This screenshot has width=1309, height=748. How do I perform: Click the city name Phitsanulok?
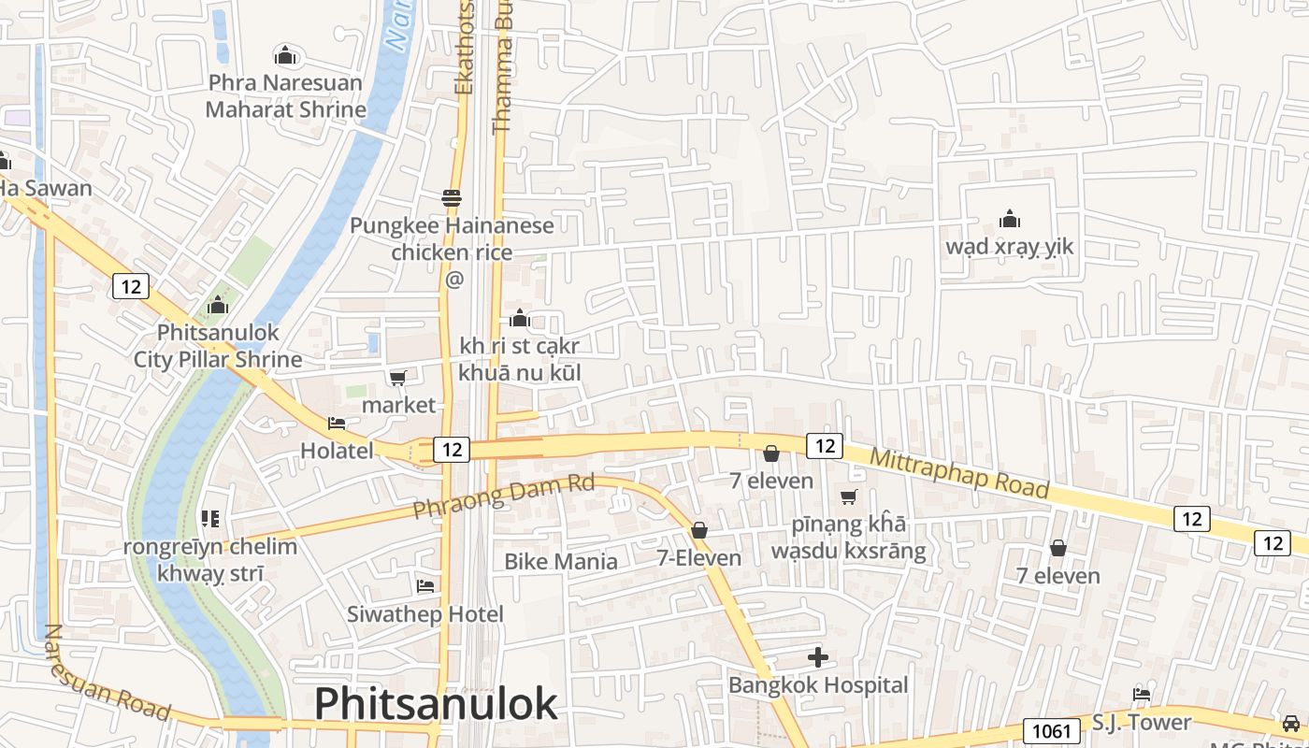pyautogui.click(x=436, y=703)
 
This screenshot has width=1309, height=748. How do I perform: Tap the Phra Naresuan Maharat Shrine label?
pyautogui.click(x=285, y=95)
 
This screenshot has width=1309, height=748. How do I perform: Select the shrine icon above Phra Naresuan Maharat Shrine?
pyautogui.click(x=285, y=56)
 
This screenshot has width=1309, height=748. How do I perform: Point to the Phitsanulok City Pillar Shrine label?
pyautogui.click(x=218, y=346)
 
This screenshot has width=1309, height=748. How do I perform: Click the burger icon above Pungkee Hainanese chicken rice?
pyautogui.click(x=453, y=198)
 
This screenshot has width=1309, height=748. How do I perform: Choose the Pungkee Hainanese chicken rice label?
pyautogui.click(x=453, y=238)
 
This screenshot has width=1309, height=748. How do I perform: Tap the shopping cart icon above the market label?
pyautogui.click(x=398, y=378)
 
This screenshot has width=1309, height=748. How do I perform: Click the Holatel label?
pyautogui.click(x=337, y=451)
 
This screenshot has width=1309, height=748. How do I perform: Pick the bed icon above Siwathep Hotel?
pyautogui.click(x=425, y=586)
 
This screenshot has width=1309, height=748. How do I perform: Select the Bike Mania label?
pyautogui.click(x=561, y=561)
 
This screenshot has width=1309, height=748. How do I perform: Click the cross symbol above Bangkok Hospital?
pyautogui.click(x=818, y=657)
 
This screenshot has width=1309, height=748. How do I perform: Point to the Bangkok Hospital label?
pyautogui.click(x=818, y=685)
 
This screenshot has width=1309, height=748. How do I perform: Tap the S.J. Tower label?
pyautogui.click(x=1142, y=723)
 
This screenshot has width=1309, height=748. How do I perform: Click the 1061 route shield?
pyautogui.click(x=1051, y=730)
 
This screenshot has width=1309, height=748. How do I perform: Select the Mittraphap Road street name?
pyautogui.click(x=959, y=473)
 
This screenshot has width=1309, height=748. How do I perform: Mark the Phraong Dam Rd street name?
pyautogui.click(x=504, y=496)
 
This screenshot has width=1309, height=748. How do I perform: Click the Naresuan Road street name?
pyautogui.click(x=107, y=673)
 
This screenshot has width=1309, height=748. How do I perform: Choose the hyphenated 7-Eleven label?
pyautogui.click(x=698, y=558)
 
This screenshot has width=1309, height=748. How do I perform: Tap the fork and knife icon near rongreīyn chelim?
pyautogui.click(x=209, y=518)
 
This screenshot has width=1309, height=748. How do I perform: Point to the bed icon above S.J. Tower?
pyautogui.click(x=1142, y=694)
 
